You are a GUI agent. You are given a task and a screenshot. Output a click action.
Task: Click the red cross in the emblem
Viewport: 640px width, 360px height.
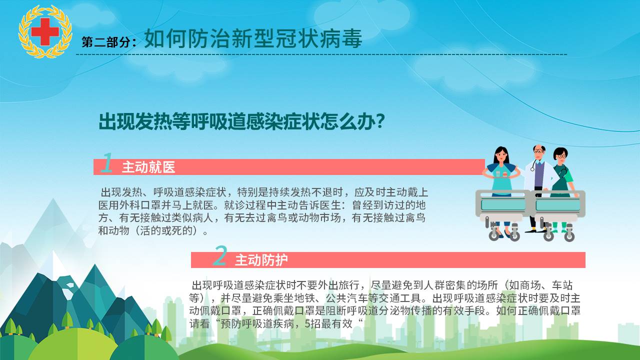[x=45, y=31]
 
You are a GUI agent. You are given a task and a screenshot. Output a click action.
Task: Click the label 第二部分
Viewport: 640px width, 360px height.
[x=106, y=42]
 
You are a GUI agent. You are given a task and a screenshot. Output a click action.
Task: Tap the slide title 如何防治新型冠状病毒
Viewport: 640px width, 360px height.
[x=253, y=39]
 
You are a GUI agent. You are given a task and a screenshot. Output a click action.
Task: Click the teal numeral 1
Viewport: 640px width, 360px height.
[x=107, y=162]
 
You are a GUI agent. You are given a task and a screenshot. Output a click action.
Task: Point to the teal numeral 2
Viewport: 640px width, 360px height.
[x=220, y=255]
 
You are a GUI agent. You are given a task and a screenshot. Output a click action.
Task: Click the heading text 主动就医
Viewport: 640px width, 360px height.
[x=148, y=167]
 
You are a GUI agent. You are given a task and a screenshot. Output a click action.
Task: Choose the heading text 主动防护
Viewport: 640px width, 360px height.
[x=261, y=260]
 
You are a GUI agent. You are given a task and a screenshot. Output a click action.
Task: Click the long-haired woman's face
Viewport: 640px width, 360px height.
[x=501, y=156]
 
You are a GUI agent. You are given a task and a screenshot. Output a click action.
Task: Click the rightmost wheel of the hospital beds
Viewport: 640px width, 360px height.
[x=569, y=237]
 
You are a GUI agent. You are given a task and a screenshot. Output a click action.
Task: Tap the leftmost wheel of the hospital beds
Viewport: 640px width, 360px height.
[x=493, y=235]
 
